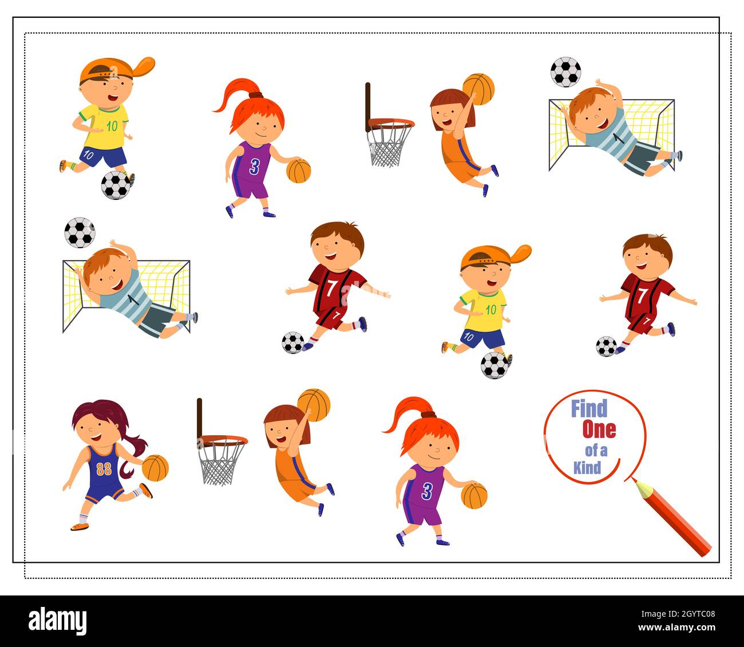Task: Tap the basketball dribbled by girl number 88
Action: tap(155, 468)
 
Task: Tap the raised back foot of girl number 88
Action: tap(146, 491)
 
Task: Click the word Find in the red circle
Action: tap(589, 409)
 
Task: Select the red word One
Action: tap(599, 429)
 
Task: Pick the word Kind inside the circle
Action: tap(587, 468)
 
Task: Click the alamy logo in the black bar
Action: tap(57, 621)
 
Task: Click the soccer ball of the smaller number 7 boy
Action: tap(606, 346)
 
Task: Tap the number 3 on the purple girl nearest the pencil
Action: tap(427, 491)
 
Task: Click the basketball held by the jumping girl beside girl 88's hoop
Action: tap(314, 405)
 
